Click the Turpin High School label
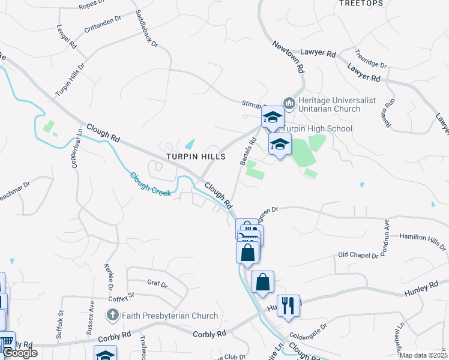[x=317, y=129]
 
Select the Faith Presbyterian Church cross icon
[x=112, y=314]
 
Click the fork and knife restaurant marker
[x=289, y=305]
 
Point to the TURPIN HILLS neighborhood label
[x=196, y=157]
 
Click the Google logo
[x=20, y=353]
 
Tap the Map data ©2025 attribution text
[x=424, y=355]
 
